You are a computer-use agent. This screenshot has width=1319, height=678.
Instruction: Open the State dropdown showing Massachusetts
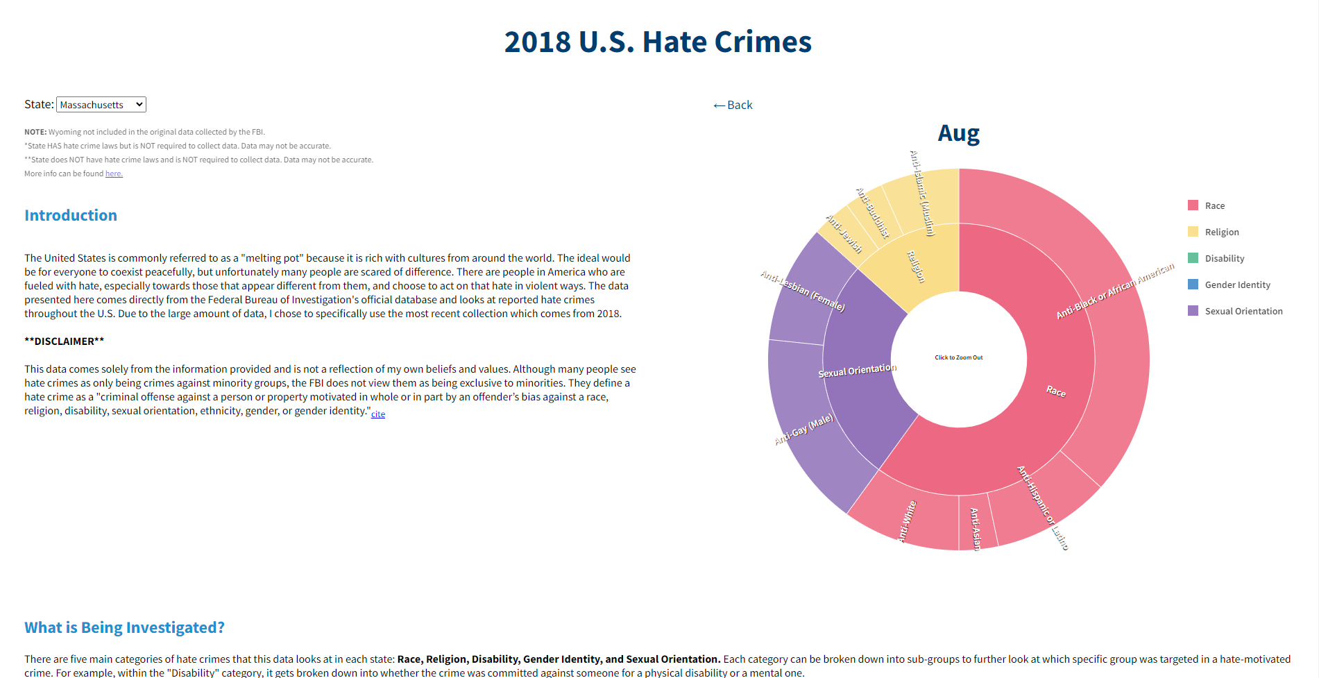pyautogui.click(x=101, y=105)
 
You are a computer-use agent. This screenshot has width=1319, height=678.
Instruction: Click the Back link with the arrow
pyautogui.click(x=733, y=105)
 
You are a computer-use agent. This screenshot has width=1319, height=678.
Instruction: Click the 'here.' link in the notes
pyautogui.click(x=114, y=173)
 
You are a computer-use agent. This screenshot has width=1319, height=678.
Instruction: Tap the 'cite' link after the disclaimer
pyautogui.click(x=378, y=414)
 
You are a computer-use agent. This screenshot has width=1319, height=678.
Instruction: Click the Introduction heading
pyautogui.click(x=71, y=215)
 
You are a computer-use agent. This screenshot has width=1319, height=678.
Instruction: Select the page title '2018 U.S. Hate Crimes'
pyautogui.click(x=658, y=42)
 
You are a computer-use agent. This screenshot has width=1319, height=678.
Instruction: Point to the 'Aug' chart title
pyautogui.click(x=958, y=133)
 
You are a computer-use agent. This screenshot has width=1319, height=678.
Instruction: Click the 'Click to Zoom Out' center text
pyautogui.click(x=958, y=357)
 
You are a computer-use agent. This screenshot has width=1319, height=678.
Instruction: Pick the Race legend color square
pyautogui.click(x=1193, y=205)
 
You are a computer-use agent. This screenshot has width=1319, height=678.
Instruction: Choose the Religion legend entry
pyautogui.click(x=1221, y=232)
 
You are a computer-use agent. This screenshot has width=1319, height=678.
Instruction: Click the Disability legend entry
pyautogui.click(x=1224, y=258)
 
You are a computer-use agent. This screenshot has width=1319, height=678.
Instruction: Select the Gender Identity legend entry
pyautogui.click(x=1237, y=285)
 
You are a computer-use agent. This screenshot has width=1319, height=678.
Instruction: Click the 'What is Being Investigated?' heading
pyautogui.click(x=125, y=627)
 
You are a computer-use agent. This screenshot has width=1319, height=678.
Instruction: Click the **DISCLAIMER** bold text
pyautogui.click(x=65, y=341)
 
